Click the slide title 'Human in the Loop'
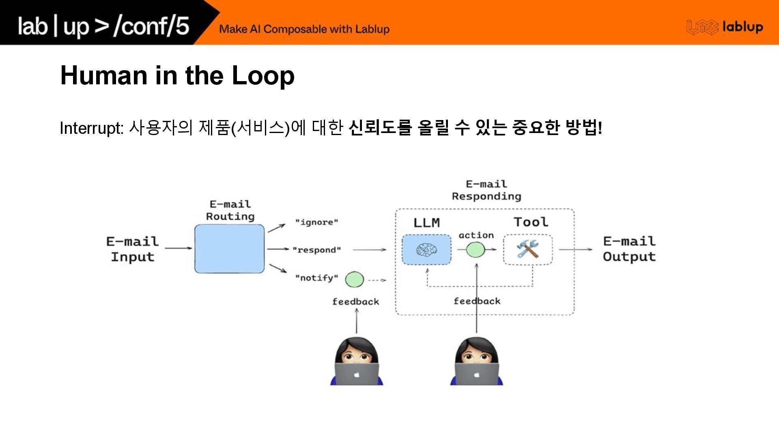pos(177,75)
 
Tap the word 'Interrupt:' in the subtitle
pos(91,128)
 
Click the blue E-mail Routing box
pos(229,249)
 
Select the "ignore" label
pos(316,222)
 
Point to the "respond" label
pos(316,250)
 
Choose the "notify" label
pos(316,278)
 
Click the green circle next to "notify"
pos(354,279)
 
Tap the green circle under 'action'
pos(476,249)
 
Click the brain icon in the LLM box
pos(426,249)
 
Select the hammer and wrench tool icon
pos(527,249)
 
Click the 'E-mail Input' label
pos(132,249)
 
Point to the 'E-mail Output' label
pos(629,249)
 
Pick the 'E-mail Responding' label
pos(486,190)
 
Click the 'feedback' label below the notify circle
pos(355,302)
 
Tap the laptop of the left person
pos(357,374)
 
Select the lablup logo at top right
pos(725,27)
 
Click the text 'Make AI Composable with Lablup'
pos(304,29)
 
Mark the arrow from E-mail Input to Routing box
pos(179,248)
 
